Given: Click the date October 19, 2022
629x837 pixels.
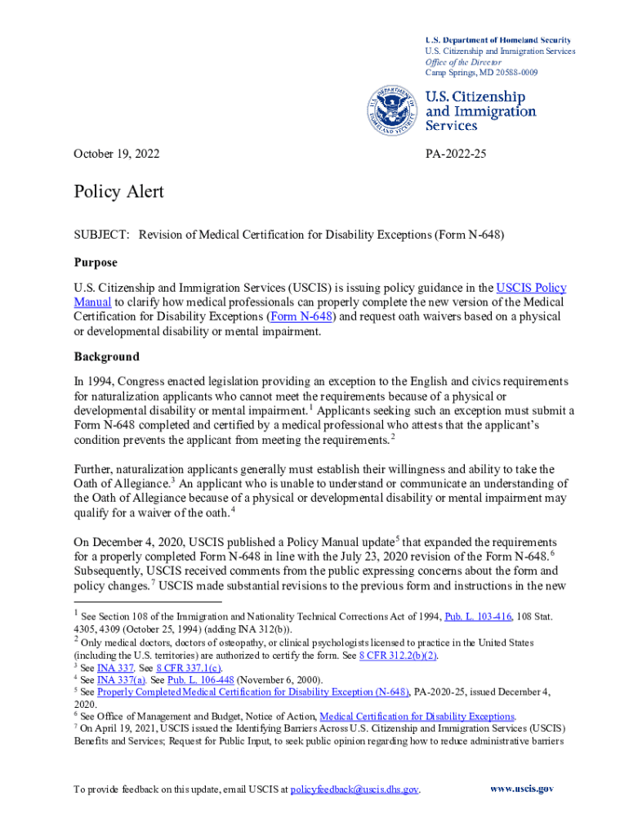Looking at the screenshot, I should pyautogui.click(x=117, y=154).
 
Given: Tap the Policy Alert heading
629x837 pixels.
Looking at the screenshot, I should pyautogui.click(x=118, y=192).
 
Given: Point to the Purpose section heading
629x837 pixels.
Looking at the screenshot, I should pyautogui.click(x=96, y=262).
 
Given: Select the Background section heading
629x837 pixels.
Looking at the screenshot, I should pyautogui.click(x=106, y=356).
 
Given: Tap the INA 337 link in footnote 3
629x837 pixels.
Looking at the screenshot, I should pyautogui.click(x=112, y=668).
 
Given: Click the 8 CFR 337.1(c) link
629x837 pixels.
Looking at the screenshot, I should pyautogui.click(x=190, y=668).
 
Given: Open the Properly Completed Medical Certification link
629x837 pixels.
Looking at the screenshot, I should pyautogui.click(x=252, y=692).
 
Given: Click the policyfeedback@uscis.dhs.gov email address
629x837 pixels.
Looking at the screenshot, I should pyautogui.click(x=355, y=790).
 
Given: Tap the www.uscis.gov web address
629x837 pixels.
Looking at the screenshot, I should pyautogui.click(x=521, y=789).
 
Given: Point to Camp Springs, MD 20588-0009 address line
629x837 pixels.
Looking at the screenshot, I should pyautogui.click(x=482, y=73).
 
